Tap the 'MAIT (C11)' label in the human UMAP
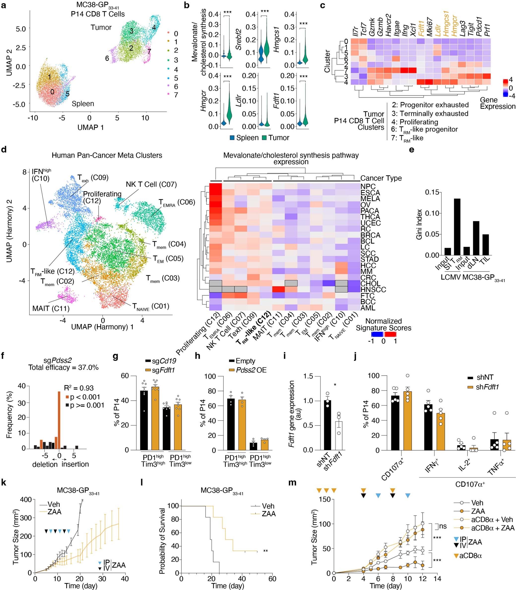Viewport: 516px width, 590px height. tap(51, 308)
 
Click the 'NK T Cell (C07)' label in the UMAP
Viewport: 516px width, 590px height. tap(151, 184)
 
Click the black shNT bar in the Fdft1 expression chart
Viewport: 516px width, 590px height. tap(327, 425)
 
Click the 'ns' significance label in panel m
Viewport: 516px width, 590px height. tap(443, 526)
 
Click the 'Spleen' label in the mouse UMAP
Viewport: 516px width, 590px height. tap(83, 104)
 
